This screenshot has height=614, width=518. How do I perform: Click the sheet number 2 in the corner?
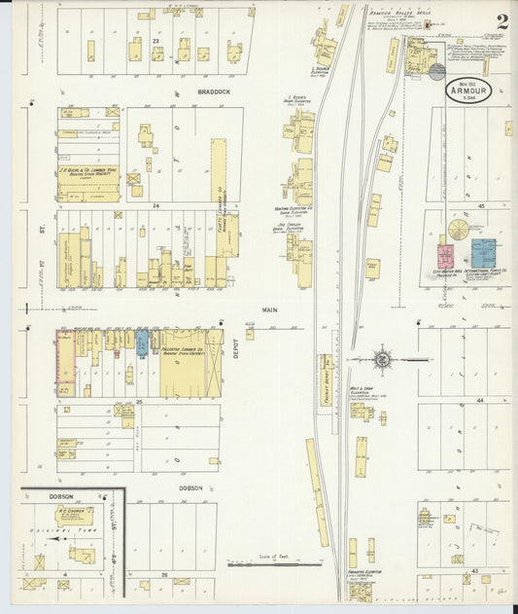(x=501, y=21)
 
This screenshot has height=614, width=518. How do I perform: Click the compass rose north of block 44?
(x=382, y=359)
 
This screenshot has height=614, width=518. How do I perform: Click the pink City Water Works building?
(x=446, y=256)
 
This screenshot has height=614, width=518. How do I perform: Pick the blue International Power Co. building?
(x=483, y=254)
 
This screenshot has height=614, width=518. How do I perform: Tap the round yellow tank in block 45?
(x=456, y=231)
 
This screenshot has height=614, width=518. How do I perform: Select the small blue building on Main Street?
(x=143, y=343)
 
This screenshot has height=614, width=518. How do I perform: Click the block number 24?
(x=155, y=207)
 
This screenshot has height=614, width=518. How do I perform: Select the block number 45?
(x=480, y=206)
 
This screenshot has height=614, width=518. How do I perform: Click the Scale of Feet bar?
(x=273, y=563)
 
